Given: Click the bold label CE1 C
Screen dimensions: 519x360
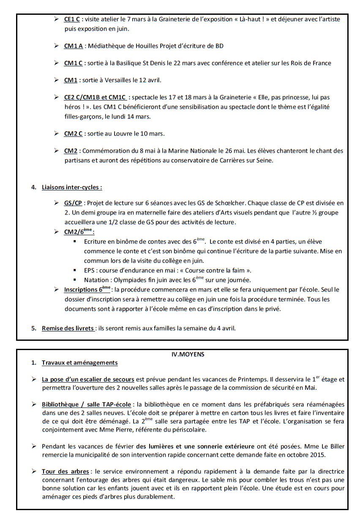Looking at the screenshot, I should (x=72, y=19).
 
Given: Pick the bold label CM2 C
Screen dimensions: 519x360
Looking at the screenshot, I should (x=73, y=134).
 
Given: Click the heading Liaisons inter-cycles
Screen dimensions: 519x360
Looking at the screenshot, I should (x=71, y=187).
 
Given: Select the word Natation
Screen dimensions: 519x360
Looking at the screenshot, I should (x=96, y=280).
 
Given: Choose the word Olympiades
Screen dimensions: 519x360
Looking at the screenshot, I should (x=130, y=280).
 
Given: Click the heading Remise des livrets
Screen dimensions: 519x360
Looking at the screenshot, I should (x=68, y=328).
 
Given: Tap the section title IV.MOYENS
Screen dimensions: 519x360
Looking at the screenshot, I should (x=185, y=354).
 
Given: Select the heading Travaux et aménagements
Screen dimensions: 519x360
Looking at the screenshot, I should (x=79, y=363).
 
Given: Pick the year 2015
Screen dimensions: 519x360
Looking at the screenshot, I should (x=317, y=455).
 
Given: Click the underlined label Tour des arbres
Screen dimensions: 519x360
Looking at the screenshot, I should (x=65, y=471).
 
